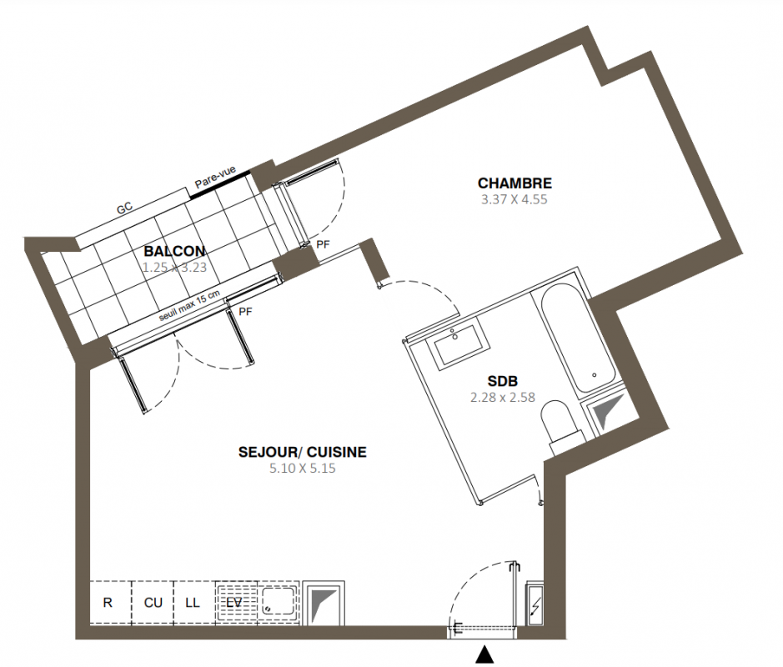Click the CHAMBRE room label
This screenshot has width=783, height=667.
(514, 183)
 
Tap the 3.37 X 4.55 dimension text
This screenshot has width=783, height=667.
(514, 200)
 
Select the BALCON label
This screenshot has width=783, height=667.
(174, 251)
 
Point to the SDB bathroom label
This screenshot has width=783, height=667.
(502, 381)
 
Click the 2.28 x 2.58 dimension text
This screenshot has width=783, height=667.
(503, 398)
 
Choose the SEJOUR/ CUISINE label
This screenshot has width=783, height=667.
(303, 452)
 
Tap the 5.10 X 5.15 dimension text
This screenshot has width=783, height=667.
(303, 469)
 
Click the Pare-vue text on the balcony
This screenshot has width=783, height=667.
(215, 178)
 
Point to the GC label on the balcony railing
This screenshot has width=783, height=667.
(124, 208)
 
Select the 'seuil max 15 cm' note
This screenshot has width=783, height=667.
(189, 306)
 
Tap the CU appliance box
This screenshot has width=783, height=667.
(153, 602)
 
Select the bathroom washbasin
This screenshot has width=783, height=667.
(460, 345)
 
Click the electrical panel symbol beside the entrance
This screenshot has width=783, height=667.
(535, 603)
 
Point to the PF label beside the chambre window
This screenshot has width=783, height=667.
(324, 244)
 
